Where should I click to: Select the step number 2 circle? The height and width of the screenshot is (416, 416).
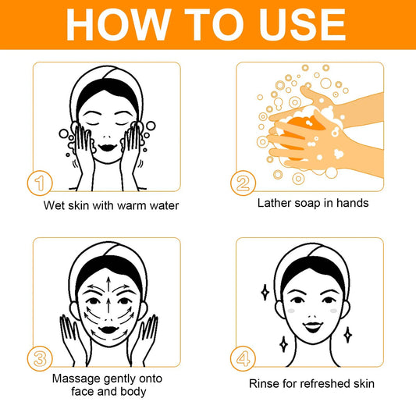tap(243, 183)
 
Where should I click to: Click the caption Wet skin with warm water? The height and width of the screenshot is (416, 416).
tap(112, 206)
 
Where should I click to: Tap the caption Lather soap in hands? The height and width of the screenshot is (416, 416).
tap(312, 203)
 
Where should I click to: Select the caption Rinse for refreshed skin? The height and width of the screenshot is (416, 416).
tap(311, 383)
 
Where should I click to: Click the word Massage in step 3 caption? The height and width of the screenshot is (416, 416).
tap(75, 378)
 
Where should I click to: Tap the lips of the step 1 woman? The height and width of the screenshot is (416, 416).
tap(107, 144)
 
